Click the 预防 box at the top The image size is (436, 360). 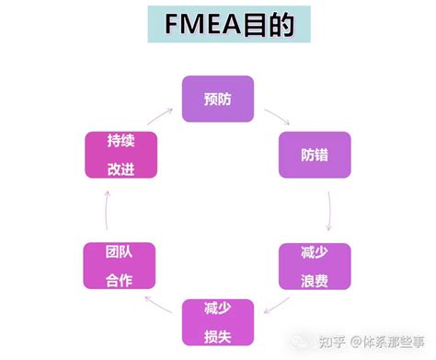(217, 99)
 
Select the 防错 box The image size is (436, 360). (315, 155)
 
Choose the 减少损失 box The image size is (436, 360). (217, 321)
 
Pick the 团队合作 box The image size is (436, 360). (120, 266)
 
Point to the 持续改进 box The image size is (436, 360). (120, 155)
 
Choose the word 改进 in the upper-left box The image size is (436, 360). (120, 168)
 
